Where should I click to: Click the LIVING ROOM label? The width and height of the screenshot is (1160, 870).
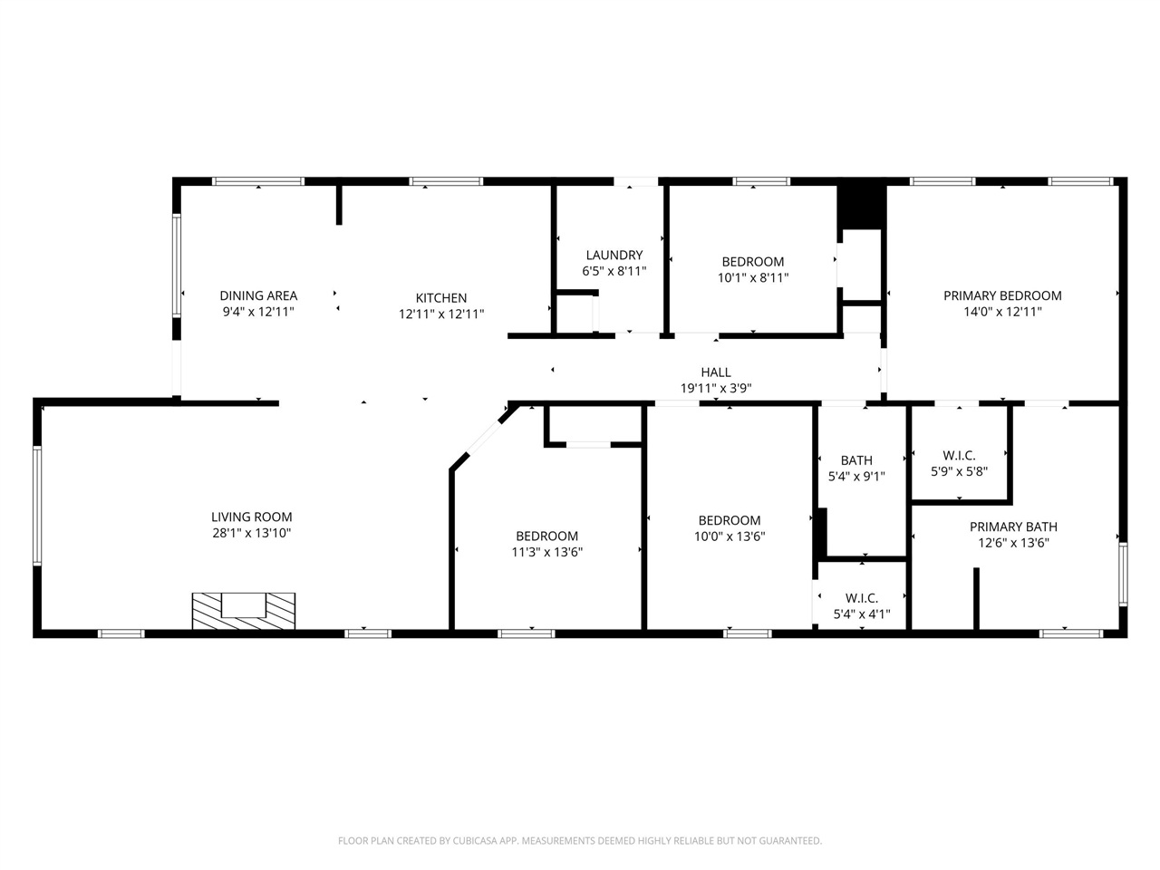click(252, 517)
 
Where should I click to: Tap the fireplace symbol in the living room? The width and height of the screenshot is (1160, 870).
click(243, 610)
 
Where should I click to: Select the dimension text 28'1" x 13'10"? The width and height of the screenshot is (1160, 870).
click(252, 534)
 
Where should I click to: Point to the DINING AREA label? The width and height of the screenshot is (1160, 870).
click(258, 295)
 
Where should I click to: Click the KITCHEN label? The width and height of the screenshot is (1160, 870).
click(441, 298)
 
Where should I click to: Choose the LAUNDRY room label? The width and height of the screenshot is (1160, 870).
click(614, 256)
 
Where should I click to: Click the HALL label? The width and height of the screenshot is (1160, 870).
click(715, 372)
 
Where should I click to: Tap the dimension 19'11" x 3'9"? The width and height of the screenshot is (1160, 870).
click(715, 389)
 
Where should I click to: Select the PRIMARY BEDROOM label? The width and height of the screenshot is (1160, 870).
click(1002, 295)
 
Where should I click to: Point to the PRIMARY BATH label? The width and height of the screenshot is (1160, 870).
click(1013, 527)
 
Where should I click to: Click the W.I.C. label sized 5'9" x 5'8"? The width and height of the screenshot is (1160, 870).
click(959, 456)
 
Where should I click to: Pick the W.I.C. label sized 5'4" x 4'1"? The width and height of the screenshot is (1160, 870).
click(861, 598)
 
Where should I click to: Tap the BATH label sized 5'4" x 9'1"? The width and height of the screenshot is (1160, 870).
click(856, 460)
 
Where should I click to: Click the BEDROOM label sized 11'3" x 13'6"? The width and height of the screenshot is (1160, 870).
click(546, 536)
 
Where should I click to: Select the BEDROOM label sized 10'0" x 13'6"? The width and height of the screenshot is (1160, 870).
click(729, 520)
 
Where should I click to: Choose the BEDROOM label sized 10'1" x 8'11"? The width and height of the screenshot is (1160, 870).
click(752, 262)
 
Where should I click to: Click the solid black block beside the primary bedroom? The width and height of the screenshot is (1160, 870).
click(861, 207)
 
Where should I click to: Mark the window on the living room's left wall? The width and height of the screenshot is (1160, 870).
click(37, 505)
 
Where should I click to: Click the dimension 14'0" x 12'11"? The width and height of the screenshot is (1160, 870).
click(1002, 312)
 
